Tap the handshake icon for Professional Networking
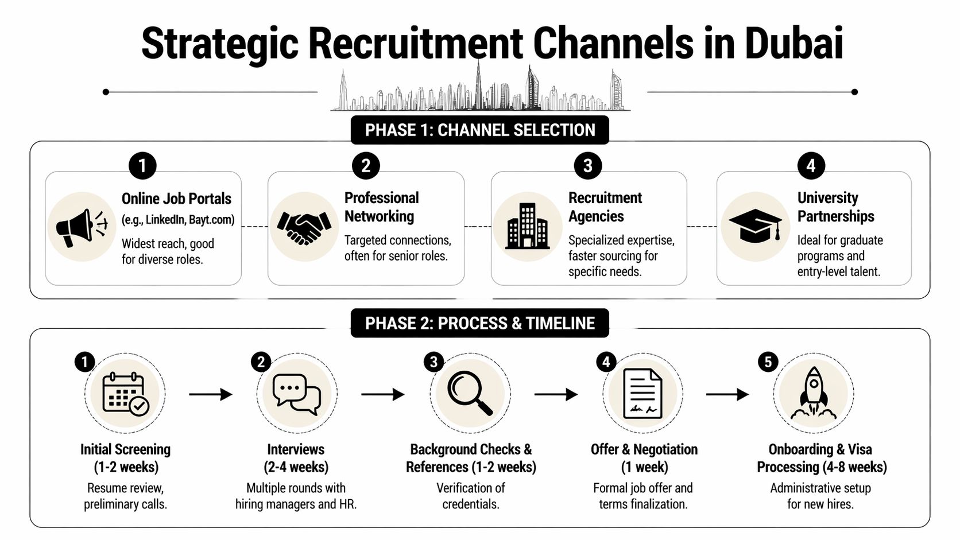click(x=304, y=227)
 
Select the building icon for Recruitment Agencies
click(x=527, y=227)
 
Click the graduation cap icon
click(x=755, y=226)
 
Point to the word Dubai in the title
click(x=793, y=43)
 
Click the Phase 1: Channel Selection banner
click(x=479, y=130)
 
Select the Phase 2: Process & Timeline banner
click(x=479, y=324)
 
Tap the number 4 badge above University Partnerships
click(x=811, y=166)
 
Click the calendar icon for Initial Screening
click(x=125, y=394)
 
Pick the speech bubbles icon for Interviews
click(x=296, y=395)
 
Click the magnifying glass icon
click(x=470, y=393)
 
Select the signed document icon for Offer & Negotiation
click(x=642, y=394)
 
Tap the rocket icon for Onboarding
click(x=813, y=394)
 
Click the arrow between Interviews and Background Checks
click(x=382, y=394)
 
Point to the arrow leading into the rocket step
click(x=727, y=394)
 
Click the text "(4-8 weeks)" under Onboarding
click(x=854, y=467)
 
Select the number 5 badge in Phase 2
click(x=768, y=362)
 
